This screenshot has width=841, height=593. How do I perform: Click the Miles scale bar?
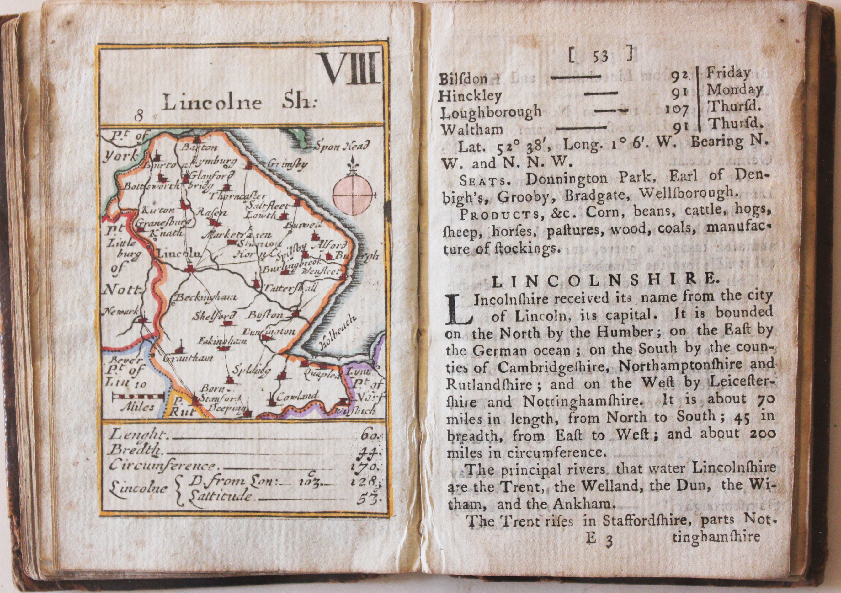[138, 396]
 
